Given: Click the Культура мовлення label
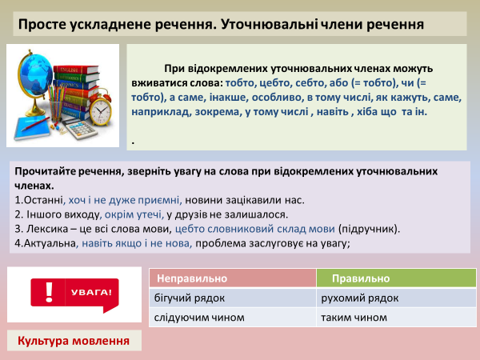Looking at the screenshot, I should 74,341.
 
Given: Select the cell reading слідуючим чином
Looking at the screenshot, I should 194,318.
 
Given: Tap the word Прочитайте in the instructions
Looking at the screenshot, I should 46,171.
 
